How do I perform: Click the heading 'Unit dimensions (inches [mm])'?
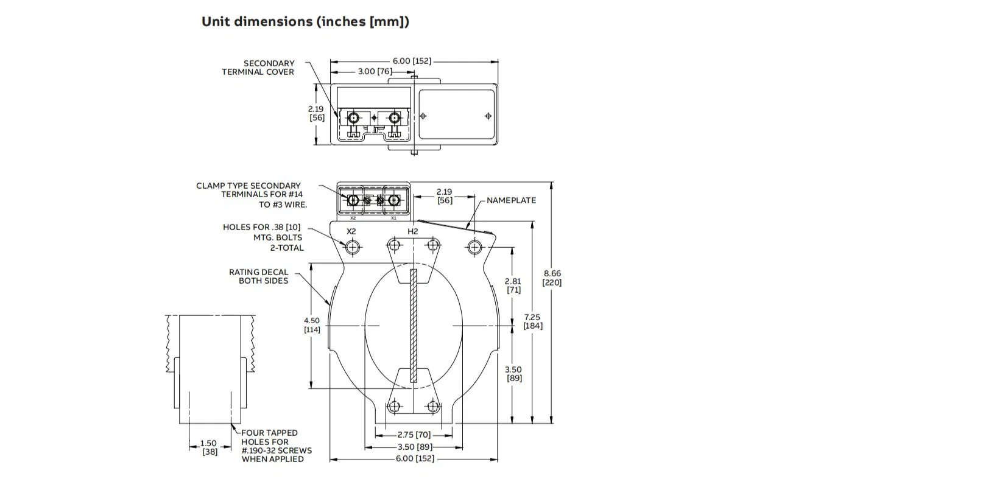click(305, 22)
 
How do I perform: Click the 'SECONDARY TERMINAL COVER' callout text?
click(258, 68)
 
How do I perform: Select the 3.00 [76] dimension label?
click(375, 71)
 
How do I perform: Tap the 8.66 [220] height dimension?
click(552, 278)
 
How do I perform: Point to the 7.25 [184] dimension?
click(533, 321)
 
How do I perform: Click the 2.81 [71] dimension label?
click(513, 285)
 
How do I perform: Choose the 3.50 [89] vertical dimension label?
click(513, 374)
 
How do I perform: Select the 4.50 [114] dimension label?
click(312, 325)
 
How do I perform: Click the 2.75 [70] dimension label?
click(414, 435)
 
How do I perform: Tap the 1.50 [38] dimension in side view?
click(209, 447)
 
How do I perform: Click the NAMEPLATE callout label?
click(511, 200)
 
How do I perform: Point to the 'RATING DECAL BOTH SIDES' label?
click(259, 276)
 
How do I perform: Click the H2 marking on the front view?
click(413, 231)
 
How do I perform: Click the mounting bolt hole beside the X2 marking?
click(353, 247)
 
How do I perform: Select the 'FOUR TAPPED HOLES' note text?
click(276, 446)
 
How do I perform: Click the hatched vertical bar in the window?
click(414, 326)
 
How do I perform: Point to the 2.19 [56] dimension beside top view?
click(317, 113)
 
